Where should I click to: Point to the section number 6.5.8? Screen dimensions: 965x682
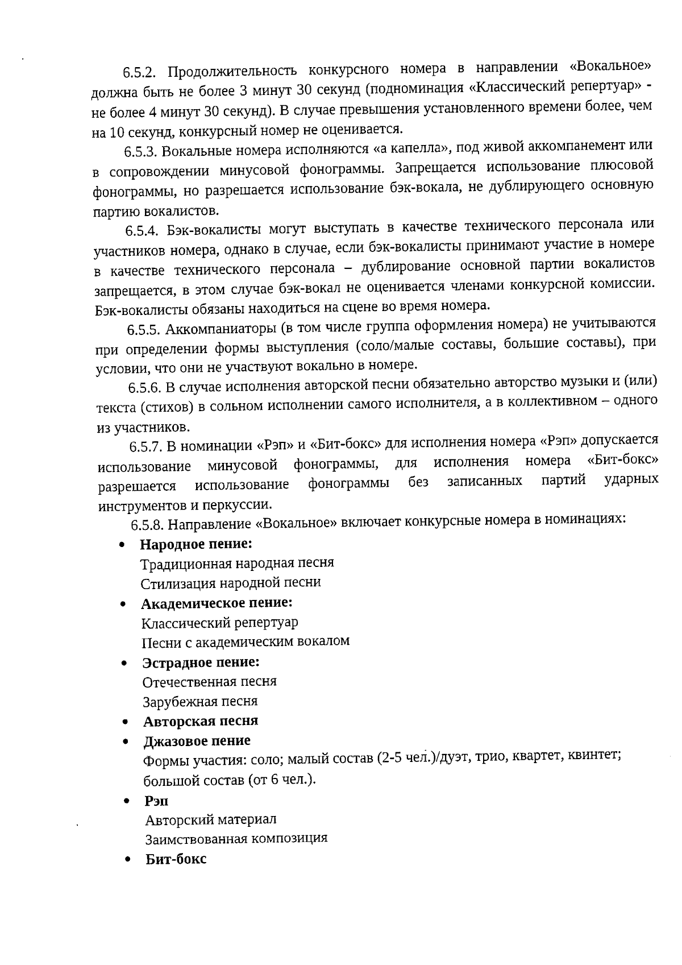(149, 524)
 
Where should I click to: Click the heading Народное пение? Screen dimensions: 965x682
(196, 544)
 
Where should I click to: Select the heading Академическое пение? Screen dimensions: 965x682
(217, 603)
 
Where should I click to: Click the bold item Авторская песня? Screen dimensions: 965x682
(201, 721)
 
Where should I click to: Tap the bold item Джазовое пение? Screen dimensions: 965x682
(197, 741)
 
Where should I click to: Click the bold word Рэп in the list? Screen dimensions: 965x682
(156, 801)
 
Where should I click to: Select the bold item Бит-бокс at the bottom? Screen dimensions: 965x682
(176, 859)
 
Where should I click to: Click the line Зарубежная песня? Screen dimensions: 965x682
(200, 701)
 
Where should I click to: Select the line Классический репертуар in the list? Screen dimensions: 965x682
(219, 623)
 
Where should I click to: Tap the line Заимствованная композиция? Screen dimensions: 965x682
(236, 839)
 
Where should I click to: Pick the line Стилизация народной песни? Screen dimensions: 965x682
(230, 583)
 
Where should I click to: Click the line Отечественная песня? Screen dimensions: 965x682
(209, 681)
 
